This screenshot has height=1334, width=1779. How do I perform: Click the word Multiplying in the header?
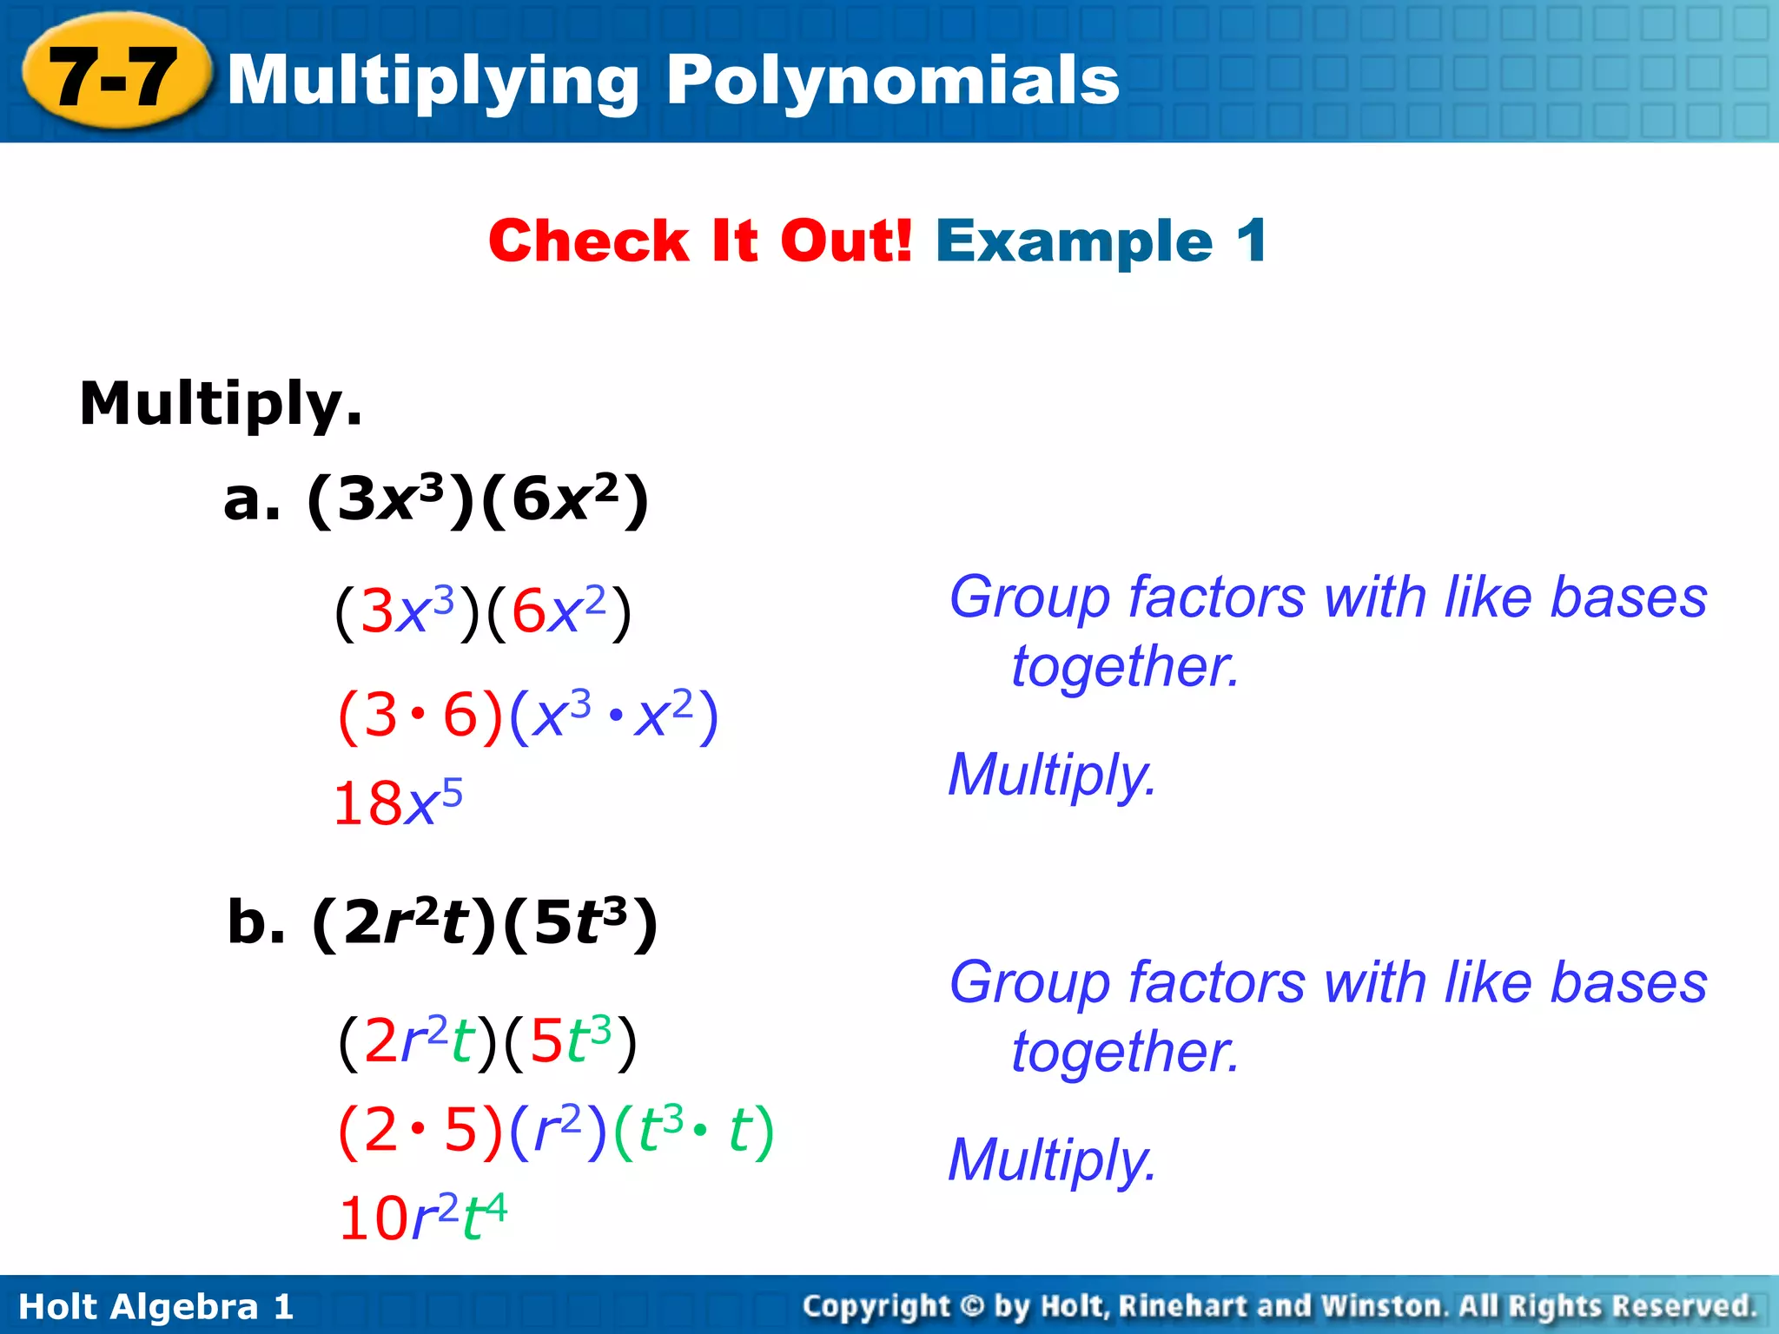[434, 81]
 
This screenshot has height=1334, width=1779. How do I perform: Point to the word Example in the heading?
[1074, 241]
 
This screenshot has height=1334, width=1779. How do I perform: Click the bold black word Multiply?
[221, 404]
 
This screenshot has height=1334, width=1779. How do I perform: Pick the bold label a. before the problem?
[252, 500]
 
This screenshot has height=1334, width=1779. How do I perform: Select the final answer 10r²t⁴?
[423, 1217]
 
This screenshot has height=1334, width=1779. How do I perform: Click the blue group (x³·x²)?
[614, 717]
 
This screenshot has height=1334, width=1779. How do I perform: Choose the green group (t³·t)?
[693, 1131]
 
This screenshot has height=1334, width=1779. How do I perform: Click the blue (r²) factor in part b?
[558, 1131]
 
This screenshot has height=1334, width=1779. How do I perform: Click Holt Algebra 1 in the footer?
[156, 1306]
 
